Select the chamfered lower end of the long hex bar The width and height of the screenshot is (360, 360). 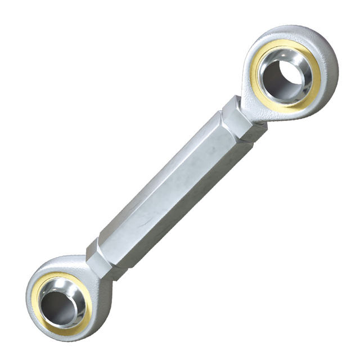point(107,239)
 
